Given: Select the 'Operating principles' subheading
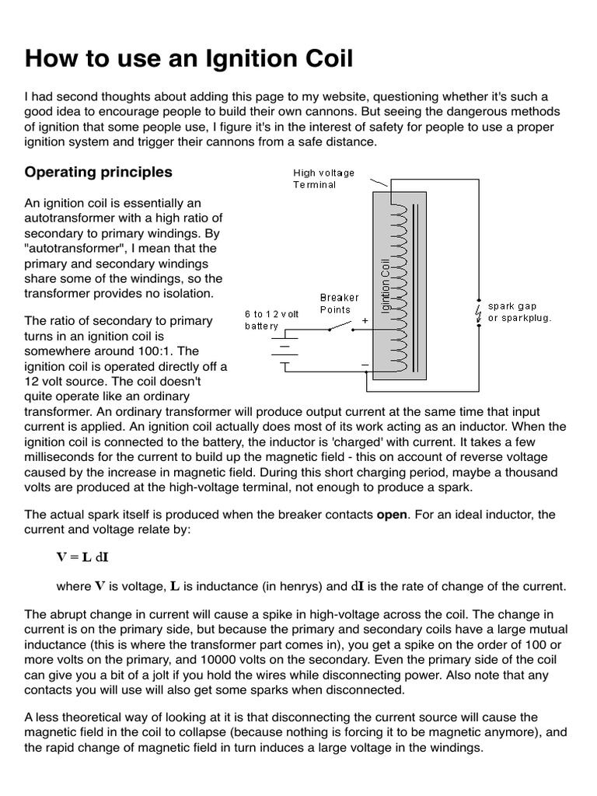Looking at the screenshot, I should (x=99, y=172).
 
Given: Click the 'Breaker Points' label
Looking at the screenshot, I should (x=340, y=303).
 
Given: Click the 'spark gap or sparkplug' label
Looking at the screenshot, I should (x=519, y=312).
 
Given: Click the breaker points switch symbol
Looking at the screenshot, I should (x=336, y=328).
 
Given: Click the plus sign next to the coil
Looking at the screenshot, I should (x=365, y=319).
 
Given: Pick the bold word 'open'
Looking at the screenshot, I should (x=392, y=515).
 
